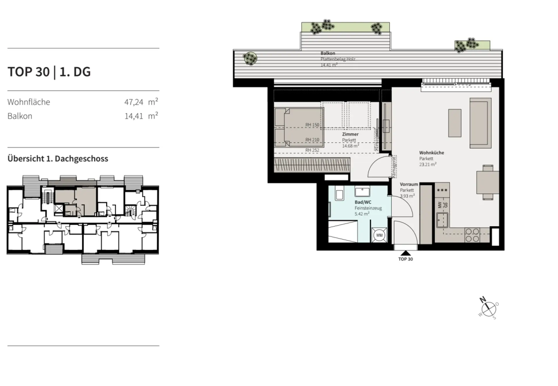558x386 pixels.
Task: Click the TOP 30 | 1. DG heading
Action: [x=49, y=72]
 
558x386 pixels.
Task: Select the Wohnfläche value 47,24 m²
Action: [x=141, y=102]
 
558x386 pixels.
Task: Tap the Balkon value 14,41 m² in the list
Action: [x=141, y=116]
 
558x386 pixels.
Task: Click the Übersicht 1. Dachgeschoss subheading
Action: [x=58, y=159]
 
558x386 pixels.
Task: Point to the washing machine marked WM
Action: [x=379, y=235]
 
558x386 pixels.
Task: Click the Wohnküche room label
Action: [x=432, y=153]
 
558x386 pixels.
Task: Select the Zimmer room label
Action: [x=350, y=134]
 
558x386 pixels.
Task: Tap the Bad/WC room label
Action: [x=363, y=202]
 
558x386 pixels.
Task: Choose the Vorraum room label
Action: [x=409, y=184]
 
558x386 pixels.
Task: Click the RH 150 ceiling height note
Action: [x=312, y=125]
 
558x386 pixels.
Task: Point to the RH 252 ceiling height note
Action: [x=312, y=150]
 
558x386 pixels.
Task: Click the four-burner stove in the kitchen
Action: [x=472, y=235]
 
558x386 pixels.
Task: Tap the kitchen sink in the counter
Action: [x=442, y=220]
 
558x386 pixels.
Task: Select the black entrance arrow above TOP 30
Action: [x=405, y=253]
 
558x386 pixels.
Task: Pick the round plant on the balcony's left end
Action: [x=250, y=59]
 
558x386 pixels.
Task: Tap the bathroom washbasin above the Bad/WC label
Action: [x=362, y=192]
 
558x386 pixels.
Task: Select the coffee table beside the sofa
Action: [x=455, y=123]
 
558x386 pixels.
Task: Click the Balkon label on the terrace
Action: [x=328, y=53]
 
